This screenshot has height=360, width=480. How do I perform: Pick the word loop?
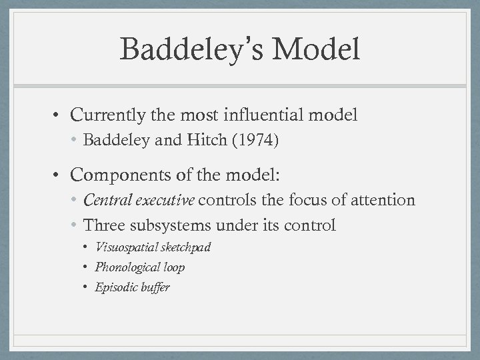coord(172,267)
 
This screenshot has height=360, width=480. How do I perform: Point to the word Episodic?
coord(115,287)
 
